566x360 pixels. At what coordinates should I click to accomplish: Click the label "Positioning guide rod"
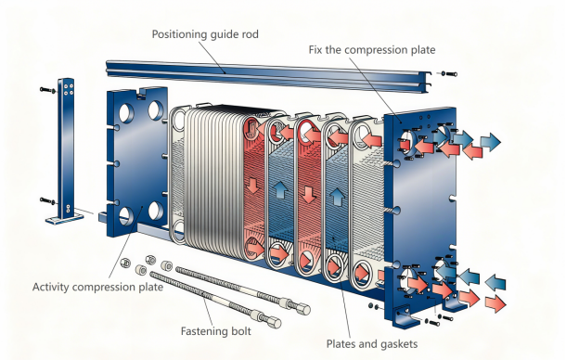click(205, 34)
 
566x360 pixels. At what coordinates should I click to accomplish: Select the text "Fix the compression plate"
click(372, 50)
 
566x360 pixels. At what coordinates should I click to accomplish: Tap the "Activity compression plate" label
click(97, 287)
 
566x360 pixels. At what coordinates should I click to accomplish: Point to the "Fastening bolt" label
click(215, 331)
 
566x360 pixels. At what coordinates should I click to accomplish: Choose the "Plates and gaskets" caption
click(372, 343)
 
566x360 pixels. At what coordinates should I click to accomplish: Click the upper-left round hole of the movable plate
click(125, 113)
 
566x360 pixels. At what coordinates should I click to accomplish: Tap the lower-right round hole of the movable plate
click(156, 212)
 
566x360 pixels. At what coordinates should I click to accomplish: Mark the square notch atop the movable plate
click(141, 94)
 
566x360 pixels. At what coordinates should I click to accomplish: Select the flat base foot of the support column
click(65, 219)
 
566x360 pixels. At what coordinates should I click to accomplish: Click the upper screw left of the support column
click(47, 89)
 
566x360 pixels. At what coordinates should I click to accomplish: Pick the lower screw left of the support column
click(47, 200)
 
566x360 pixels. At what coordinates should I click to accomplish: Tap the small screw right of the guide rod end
click(449, 74)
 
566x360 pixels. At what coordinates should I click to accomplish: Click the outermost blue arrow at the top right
click(491, 142)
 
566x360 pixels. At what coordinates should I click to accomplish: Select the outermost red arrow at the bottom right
click(495, 303)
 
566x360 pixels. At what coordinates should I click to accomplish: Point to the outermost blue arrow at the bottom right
click(495, 282)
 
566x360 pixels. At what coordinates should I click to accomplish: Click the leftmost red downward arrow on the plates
click(253, 185)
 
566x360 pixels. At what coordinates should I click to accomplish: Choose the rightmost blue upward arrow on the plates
click(337, 197)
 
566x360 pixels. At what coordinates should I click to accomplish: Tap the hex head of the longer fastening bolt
click(304, 309)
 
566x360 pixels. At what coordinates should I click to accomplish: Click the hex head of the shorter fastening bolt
click(276, 321)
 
